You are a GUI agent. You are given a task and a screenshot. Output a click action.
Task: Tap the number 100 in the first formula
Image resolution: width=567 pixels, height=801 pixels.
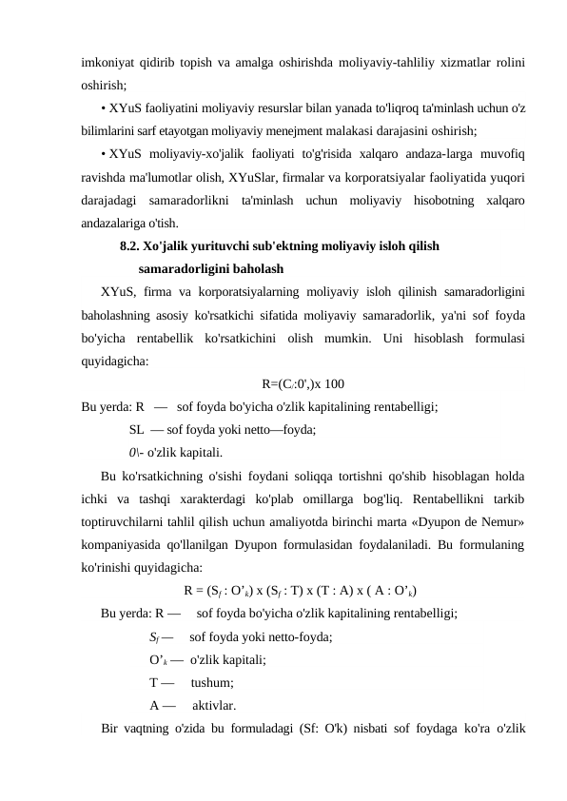click(333, 359)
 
